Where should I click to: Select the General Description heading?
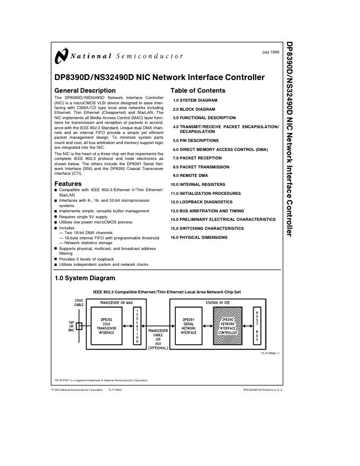tap(85, 91)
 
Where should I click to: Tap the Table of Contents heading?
tap(197, 91)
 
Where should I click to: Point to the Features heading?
tap(68, 184)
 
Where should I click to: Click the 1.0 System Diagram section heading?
tap(85, 277)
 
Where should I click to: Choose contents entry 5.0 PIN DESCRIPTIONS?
tap(195, 140)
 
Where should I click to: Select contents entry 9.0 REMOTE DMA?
tap(190, 175)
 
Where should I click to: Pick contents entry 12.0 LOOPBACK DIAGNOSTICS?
tap(201, 202)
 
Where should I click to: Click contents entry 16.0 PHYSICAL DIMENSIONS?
tap(199, 237)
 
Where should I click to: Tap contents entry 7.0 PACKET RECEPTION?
tap(197, 158)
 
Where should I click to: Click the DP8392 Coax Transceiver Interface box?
tap(107, 326)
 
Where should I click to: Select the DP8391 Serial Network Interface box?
tap(188, 326)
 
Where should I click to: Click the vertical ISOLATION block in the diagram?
tap(137, 326)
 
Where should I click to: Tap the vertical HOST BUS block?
tap(257, 326)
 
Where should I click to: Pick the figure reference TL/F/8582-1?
tap(270, 353)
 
